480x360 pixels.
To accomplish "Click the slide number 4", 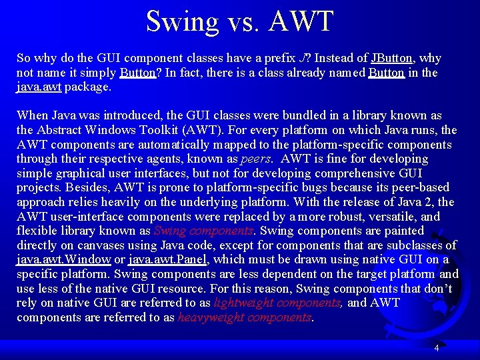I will point(436,348).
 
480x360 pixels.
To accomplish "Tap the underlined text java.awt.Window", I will point(64,260).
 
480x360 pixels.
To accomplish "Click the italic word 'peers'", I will point(255,159).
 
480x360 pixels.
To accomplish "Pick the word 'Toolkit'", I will point(155,130).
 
